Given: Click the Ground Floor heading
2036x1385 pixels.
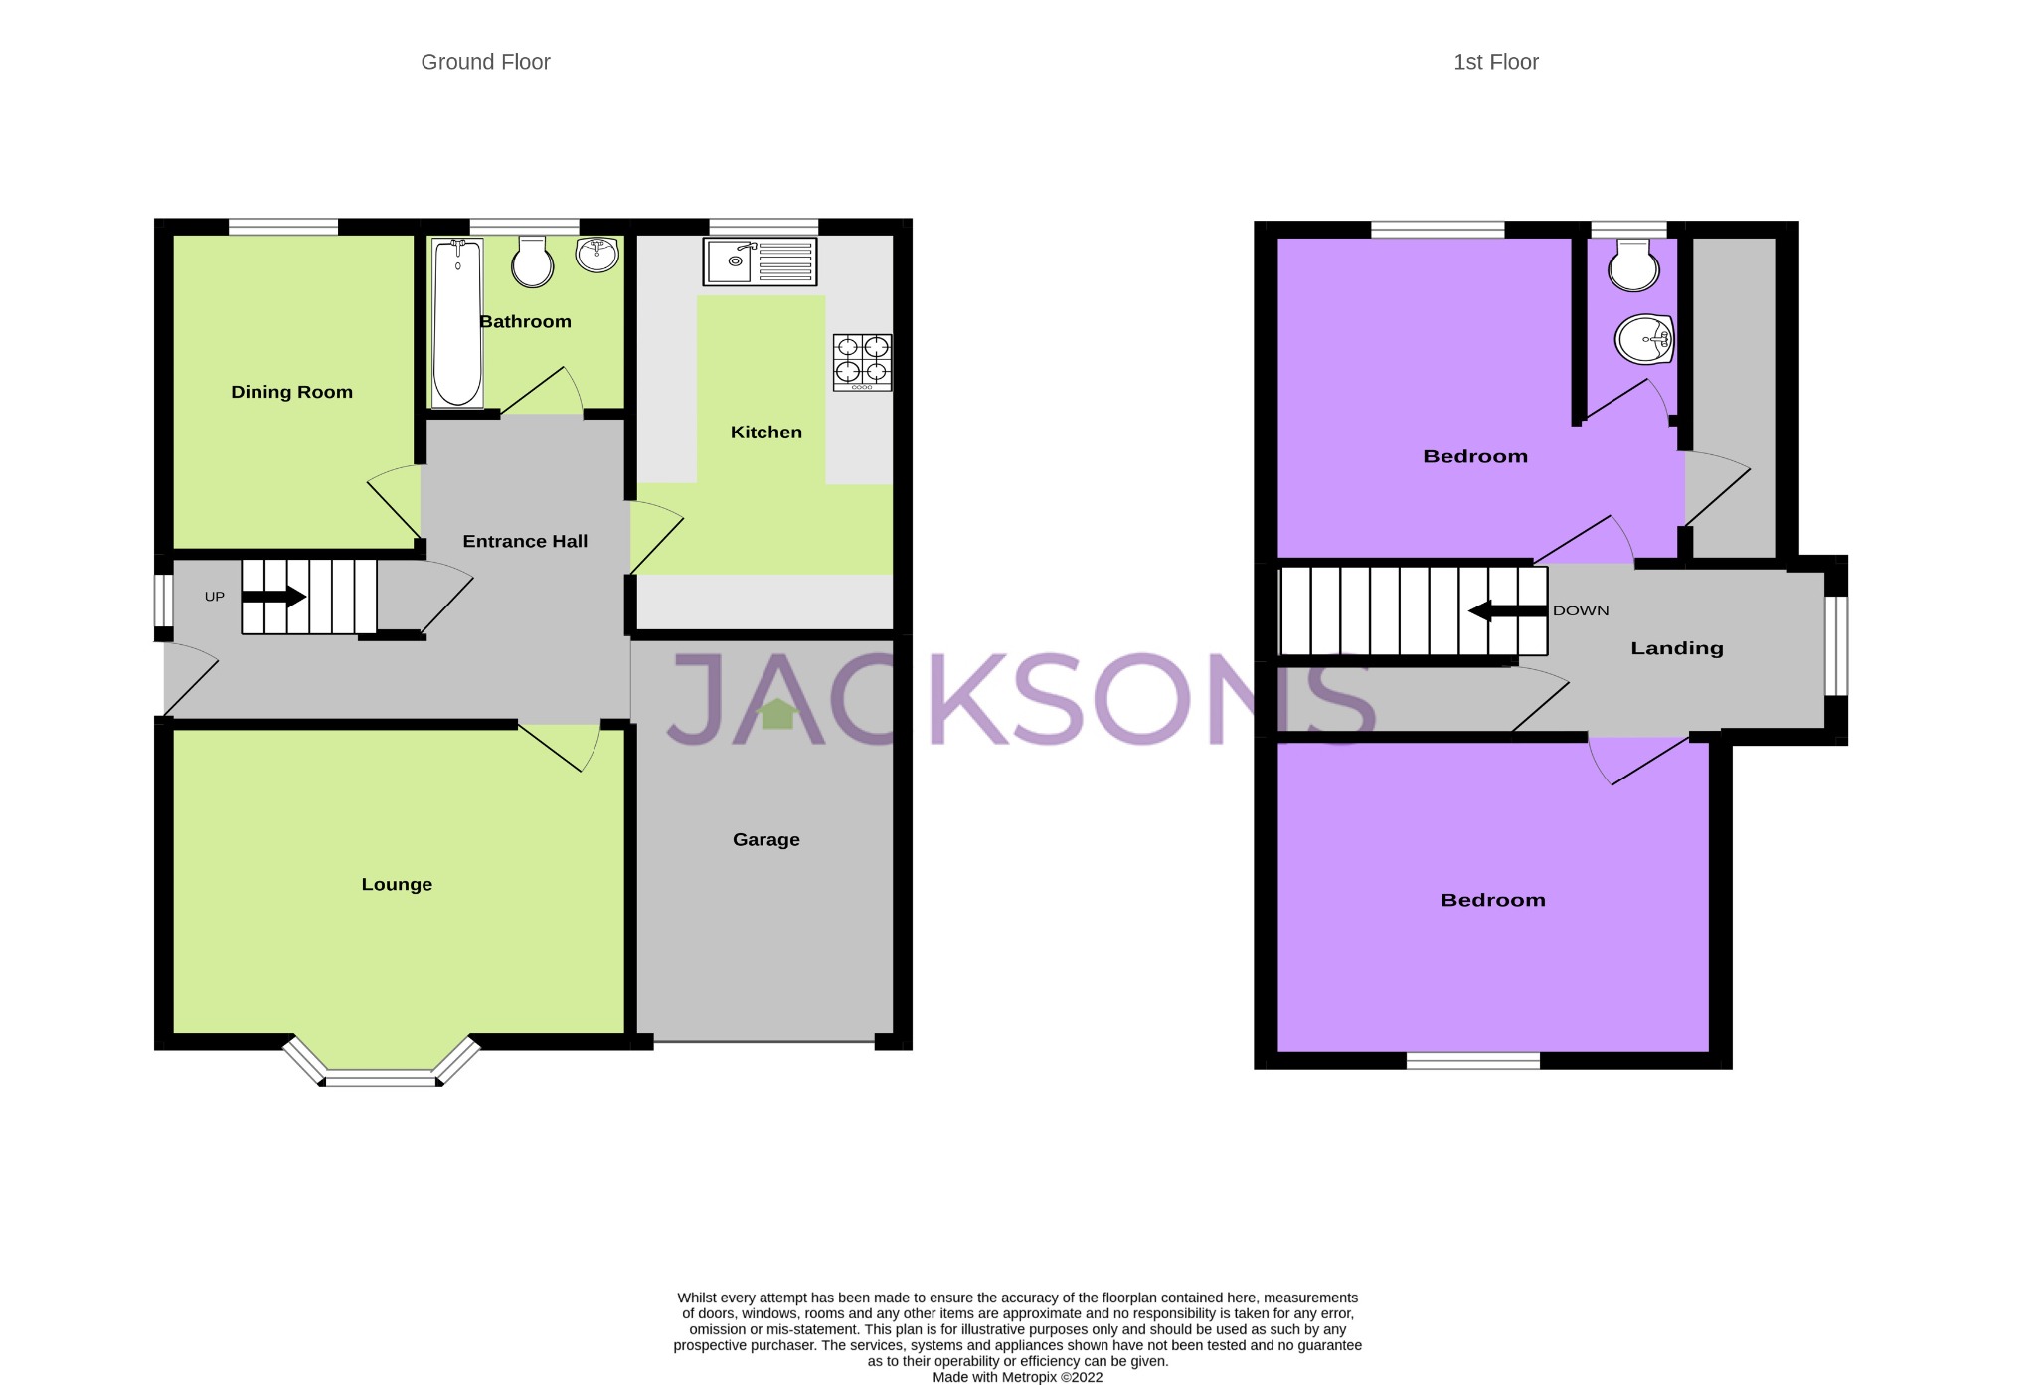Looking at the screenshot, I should pyautogui.click(x=485, y=62).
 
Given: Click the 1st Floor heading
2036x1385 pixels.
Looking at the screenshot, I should pyautogui.click(x=1495, y=62).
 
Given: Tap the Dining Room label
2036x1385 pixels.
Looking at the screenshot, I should pyautogui.click(x=291, y=392).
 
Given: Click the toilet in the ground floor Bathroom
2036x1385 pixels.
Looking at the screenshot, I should pyautogui.click(x=533, y=262).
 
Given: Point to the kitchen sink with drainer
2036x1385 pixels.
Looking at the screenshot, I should pyautogui.click(x=760, y=261).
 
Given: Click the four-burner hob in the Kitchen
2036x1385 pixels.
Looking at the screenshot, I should pyautogui.click(x=862, y=361).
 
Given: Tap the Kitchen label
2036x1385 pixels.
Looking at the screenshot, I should pyautogui.click(x=765, y=432).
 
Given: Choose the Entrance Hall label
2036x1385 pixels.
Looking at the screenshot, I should pyautogui.click(x=525, y=541).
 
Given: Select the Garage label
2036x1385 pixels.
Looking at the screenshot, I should pyautogui.click(x=765, y=839).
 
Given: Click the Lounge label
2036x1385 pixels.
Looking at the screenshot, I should pyautogui.click(x=397, y=884).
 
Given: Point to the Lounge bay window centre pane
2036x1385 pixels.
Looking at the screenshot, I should pyautogui.click(x=380, y=1079).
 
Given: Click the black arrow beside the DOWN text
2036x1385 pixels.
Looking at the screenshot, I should pyautogui.click(x=1507, y=611).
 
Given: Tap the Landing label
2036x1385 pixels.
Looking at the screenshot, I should pyautogui.click(x=1676, y=648).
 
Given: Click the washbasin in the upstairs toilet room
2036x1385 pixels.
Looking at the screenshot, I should pyautogui.click(x=1645, y=340).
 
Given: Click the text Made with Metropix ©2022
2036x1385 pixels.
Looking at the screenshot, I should pyautogui.click(x=1017, y=1377).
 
